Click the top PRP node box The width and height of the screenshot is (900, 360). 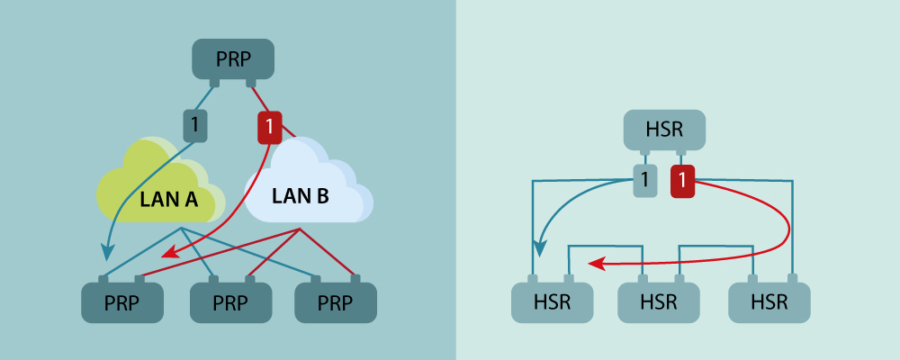(233, 59)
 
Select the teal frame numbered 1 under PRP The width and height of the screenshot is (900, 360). (195, 124)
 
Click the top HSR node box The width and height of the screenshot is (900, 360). (664, 130)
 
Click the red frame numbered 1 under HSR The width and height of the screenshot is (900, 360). (683, 182)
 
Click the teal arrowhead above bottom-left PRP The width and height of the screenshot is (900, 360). (109, 252)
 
